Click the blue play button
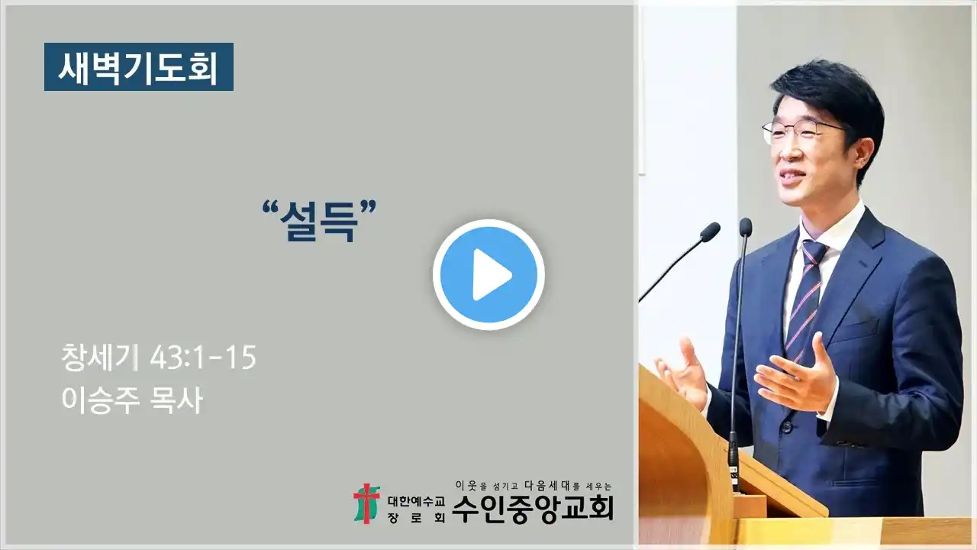pos(489,275)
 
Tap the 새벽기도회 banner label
pos(139,66)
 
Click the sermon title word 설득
pos(319,221)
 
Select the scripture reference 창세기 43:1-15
pos(159,357)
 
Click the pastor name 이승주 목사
pos(132,400)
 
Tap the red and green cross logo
pos(366,503)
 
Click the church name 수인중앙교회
pos(533,509)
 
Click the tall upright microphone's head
pos(746,227)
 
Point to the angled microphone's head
pos(710,231)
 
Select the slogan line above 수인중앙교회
pos(533,485)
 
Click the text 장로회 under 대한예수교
pos(416,518)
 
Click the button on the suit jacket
pos(786,426)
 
